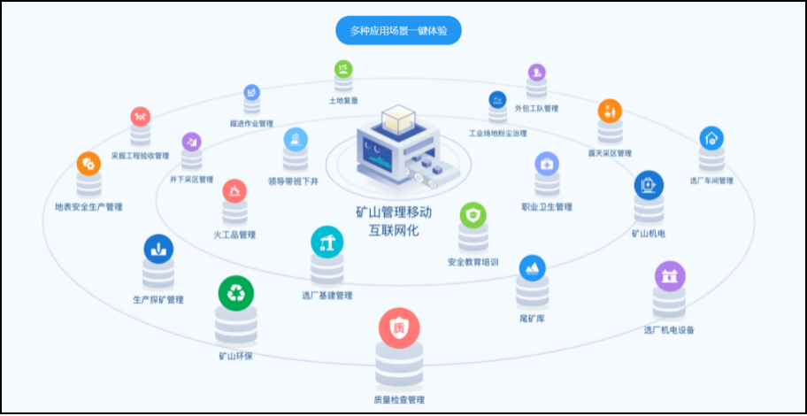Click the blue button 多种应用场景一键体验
click(398, 31)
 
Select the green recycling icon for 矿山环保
click(235, 292)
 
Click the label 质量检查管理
click(399, 400)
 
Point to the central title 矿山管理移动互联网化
click(393, 221)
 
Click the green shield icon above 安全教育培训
click(473, 216)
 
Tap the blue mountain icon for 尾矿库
click(532, 268)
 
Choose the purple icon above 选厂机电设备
click(669, 275)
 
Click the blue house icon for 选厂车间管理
click(711, 138)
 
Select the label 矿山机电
click(649, 234)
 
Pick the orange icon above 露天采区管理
click(610, 112)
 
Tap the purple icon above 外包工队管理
click(536, 73)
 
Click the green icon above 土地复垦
click(343, 68)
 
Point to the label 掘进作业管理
click(251, 123)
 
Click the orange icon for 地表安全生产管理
click(88, 164)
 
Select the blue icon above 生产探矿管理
click(158, 249)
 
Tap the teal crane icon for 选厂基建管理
click(327, 241)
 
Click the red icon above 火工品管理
click(234, 190)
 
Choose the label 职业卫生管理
click(547, 206)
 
